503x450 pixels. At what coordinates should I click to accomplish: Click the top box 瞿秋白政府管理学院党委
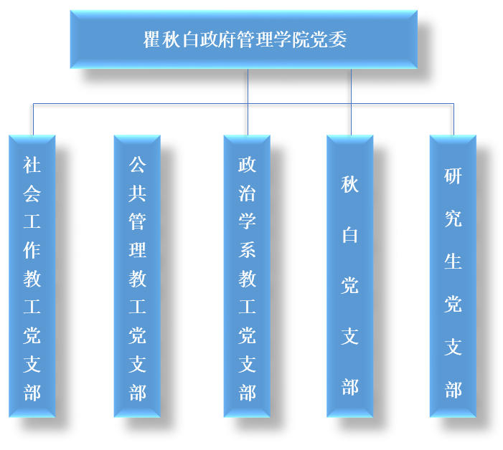[243, 39]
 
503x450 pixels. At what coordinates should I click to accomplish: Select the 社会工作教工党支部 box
[32, 276]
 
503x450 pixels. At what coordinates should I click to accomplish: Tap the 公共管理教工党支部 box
[137, 276]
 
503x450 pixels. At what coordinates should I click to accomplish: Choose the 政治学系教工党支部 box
[247, 276]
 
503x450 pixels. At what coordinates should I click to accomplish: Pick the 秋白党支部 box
[349, 276]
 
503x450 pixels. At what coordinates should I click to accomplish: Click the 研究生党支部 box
[453, 276]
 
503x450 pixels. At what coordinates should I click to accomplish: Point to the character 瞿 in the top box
[151, 40]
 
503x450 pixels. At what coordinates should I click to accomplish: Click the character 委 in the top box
[337, 40]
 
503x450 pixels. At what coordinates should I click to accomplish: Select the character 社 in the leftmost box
[32, 166]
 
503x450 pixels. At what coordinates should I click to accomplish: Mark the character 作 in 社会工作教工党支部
[32, 250]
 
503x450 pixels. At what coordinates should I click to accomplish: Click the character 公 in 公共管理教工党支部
[137, 166]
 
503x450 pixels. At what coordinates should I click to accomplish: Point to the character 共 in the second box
[137, 193]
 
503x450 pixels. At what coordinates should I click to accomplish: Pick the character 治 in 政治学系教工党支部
[247, 193]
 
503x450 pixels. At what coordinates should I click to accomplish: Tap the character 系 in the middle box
[247, 250]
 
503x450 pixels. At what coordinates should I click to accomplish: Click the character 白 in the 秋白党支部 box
[349, 235]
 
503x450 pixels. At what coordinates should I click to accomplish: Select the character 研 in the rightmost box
[453, 176]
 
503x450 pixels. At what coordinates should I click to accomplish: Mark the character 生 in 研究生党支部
[453, 262]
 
